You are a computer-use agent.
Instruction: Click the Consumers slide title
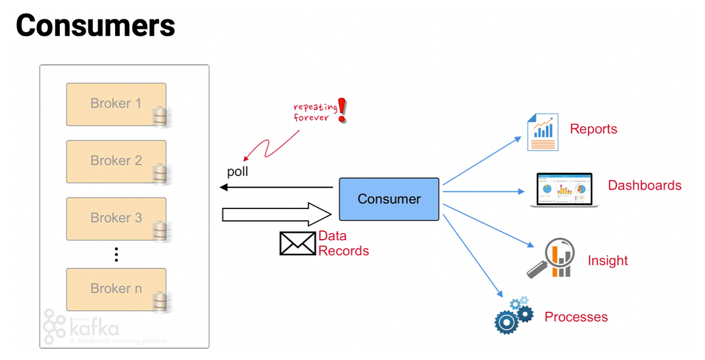[95, 26]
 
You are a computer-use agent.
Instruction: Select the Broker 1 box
[116, 104]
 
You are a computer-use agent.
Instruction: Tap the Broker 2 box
[116, 161]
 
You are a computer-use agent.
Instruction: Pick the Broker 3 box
[116, 218]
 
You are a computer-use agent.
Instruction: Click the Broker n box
[116, 289]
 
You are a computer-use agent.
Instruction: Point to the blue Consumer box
[389, 199]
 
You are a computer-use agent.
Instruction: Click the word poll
[238, 172]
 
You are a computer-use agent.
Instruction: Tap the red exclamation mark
[343, 110]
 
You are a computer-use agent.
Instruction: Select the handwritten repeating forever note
[315, 112]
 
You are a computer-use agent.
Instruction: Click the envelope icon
[297, 243]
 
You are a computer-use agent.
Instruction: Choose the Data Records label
[343, 244]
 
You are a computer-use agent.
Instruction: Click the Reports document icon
[542, 133]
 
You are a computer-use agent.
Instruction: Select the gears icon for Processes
[512, 315]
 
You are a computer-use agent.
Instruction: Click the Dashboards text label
[644, 186]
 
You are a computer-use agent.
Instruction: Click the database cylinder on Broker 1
[160, 117]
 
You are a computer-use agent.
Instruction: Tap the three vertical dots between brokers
[116, 254]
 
